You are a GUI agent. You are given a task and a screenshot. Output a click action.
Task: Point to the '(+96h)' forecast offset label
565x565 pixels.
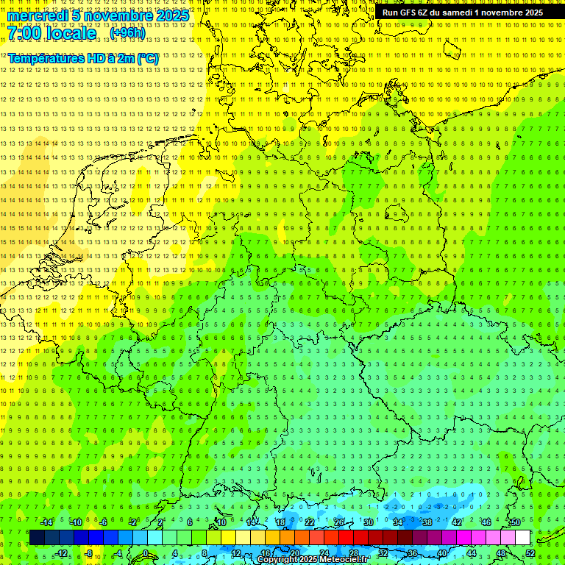click(x=127, y=32)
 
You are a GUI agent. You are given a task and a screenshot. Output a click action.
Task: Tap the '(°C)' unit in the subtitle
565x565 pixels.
click(x=146, y=58)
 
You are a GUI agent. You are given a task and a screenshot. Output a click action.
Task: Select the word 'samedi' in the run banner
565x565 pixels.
click(x=456, y=13)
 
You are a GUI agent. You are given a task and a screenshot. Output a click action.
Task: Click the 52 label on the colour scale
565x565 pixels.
click(x=530, y=553)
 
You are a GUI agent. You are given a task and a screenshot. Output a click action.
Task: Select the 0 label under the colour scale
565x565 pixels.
click(x=146, y=553)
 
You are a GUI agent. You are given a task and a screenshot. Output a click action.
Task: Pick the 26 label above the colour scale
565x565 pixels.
click(x=339, y=522)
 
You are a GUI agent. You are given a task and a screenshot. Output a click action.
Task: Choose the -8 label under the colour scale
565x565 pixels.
click(x=88, y=553)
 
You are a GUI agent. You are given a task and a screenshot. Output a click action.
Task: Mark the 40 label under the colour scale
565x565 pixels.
click(x=441, y=553)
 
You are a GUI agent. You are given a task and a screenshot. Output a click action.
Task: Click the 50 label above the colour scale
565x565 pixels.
click(x=515, y=522)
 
